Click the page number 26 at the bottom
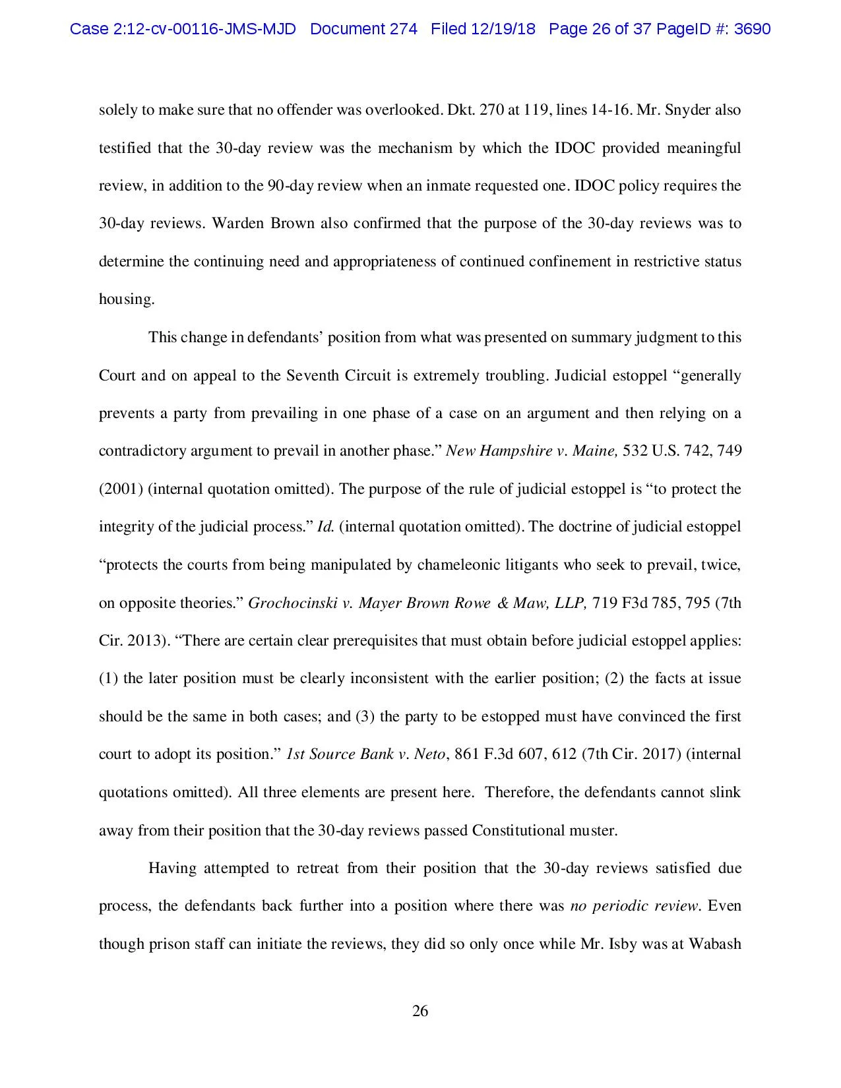point(420,1011)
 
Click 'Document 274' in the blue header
point(363,29)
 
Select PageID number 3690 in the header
point(752,29)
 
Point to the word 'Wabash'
point(715,944)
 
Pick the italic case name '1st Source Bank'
point(340,754)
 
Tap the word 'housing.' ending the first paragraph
point(127,299)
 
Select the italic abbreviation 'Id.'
point(326,527)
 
